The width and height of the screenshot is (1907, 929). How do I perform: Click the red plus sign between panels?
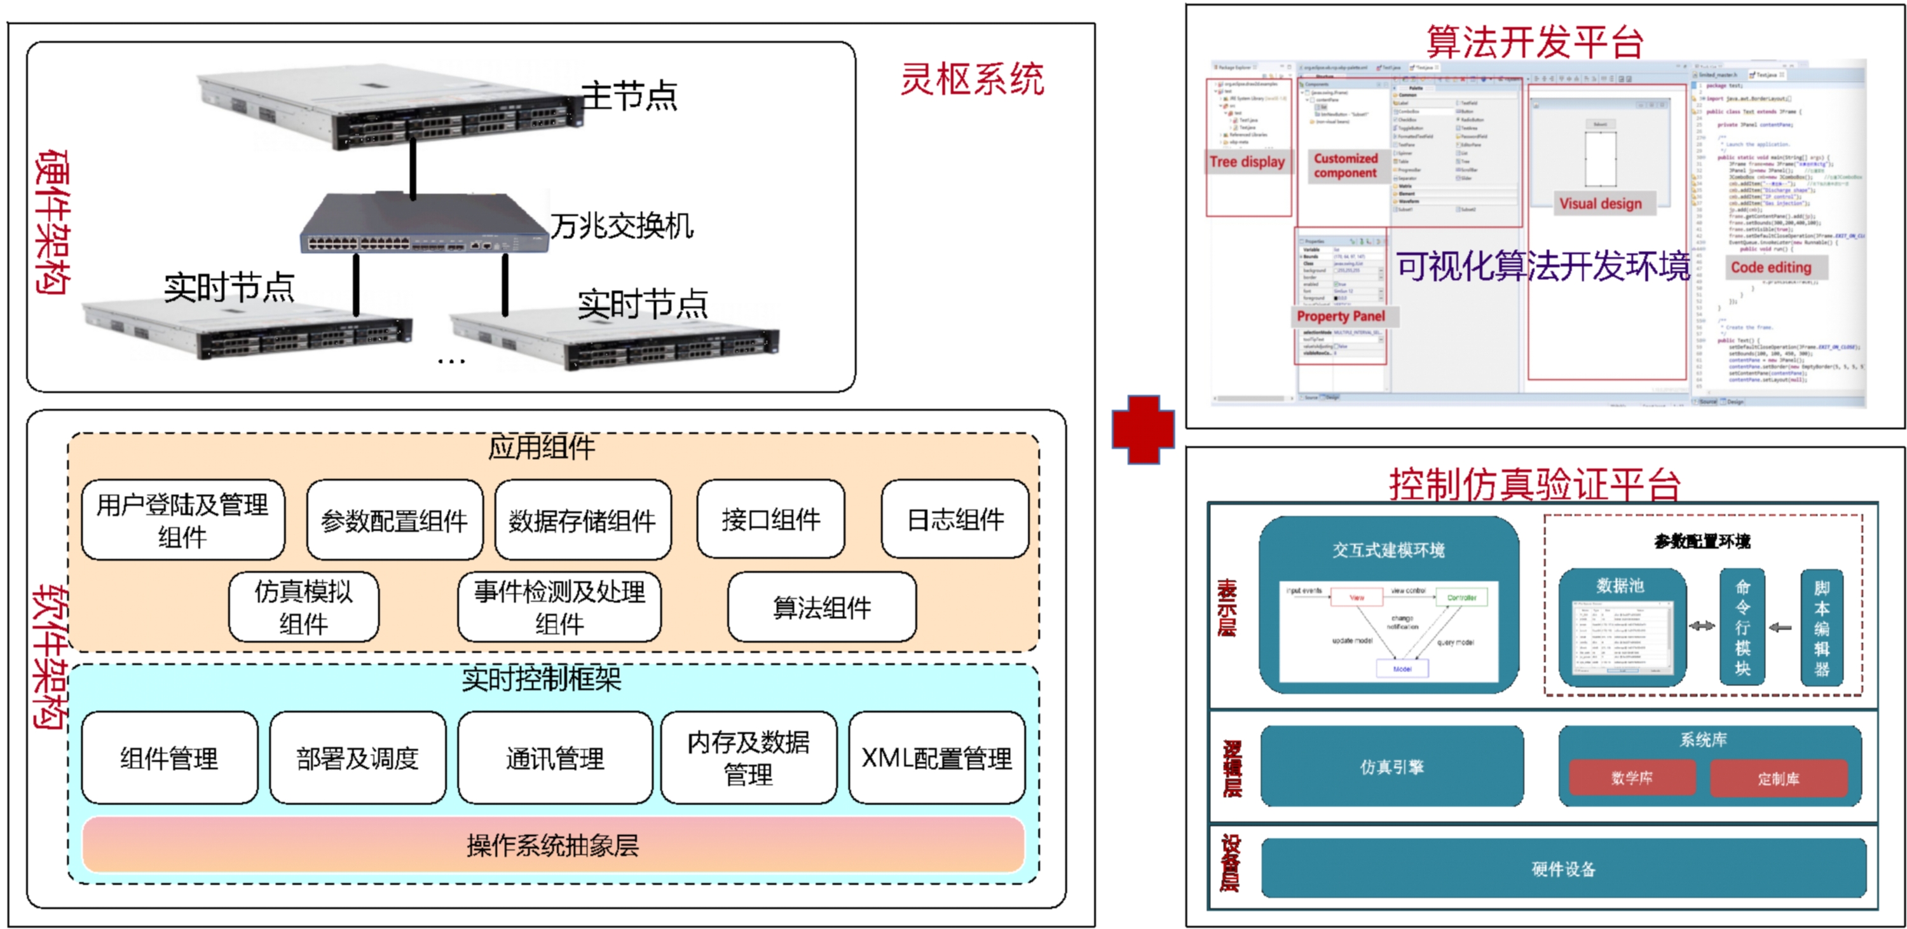(1143, 429)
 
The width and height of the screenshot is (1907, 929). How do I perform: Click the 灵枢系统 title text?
(971, 79)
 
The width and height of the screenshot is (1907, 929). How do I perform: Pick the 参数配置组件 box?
(395, 520)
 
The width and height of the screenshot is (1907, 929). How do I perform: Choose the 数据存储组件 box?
(583, 520)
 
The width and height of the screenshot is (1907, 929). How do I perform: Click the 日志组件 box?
(955, 519)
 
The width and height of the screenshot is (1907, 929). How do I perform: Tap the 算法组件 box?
(822, 608)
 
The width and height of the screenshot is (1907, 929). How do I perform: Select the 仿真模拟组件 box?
(303, 607)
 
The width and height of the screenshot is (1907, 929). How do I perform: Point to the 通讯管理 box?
(554, 758)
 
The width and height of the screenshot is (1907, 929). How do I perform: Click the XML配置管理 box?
(936, 758)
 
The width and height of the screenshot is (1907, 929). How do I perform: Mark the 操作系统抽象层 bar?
(553, 844)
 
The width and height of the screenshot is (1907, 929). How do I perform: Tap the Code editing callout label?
(1771, 267)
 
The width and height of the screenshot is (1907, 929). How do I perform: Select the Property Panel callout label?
(1341, 316)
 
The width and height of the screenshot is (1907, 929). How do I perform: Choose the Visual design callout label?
(1601, 203)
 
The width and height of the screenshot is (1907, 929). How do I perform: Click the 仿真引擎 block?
(1391, 767)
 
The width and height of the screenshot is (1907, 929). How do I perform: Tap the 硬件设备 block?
(1564, 869)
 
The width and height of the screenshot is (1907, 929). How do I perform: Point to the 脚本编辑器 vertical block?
(1821, 628)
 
